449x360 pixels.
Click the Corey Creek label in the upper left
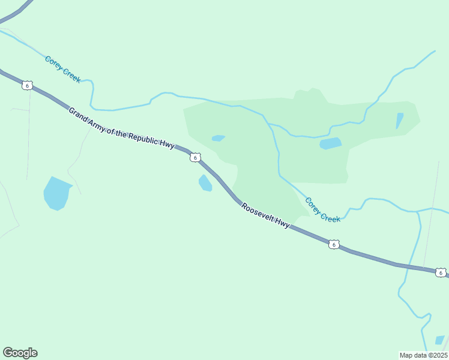click(62, 69)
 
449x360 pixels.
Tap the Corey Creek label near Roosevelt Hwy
click(322, 209)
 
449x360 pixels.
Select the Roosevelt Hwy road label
click(265, 215)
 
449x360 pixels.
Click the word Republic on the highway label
click(142, 136)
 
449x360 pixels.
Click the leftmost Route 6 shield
click(27, 85)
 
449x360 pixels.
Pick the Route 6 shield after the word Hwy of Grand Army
click(194, 157)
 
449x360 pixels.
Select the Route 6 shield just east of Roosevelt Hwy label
click(334, 244)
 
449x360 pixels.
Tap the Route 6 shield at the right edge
click(441, 272)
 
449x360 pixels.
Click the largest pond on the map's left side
click(56, 193)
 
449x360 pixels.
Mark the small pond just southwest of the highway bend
click(205, 183)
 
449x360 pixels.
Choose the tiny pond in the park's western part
click(218, 138)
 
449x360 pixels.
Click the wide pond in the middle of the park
click(330, 143)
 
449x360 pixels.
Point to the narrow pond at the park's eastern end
click(399, 121)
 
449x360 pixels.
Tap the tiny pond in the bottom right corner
click(440, 340)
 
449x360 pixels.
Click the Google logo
click(20, 353)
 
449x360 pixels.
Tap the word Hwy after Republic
click(167, 144)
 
